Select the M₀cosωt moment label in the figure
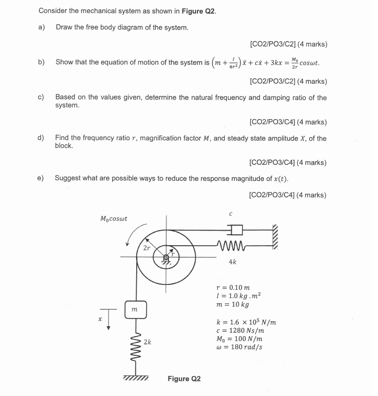pyautogui.click(x=114, y=219)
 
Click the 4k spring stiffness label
pyautogui.click(x=233, y=262)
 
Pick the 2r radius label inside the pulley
pyautogui.click(x=146, y=248)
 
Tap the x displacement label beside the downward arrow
pyautogui.click(x=100, y=319)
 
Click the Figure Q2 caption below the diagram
pyautogui.click(x=184, y=378)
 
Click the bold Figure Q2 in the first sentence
pyautogui.click(x=201, y=11)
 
